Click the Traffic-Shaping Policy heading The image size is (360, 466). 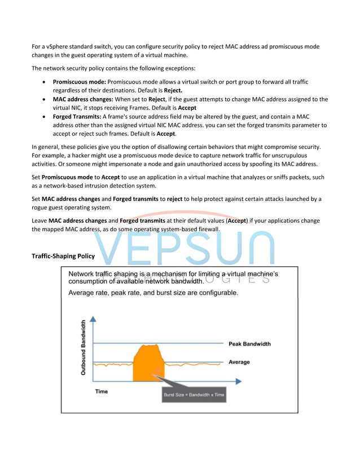(x=63, y=256)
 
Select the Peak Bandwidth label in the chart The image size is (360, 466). (x=249, y=344)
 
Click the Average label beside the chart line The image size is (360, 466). (x=239, y=362)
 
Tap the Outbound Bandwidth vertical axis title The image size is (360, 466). (x=83, y=348)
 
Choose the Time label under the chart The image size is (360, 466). (x=102, y=391)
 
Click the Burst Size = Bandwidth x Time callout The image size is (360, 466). (x=194, y=394)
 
